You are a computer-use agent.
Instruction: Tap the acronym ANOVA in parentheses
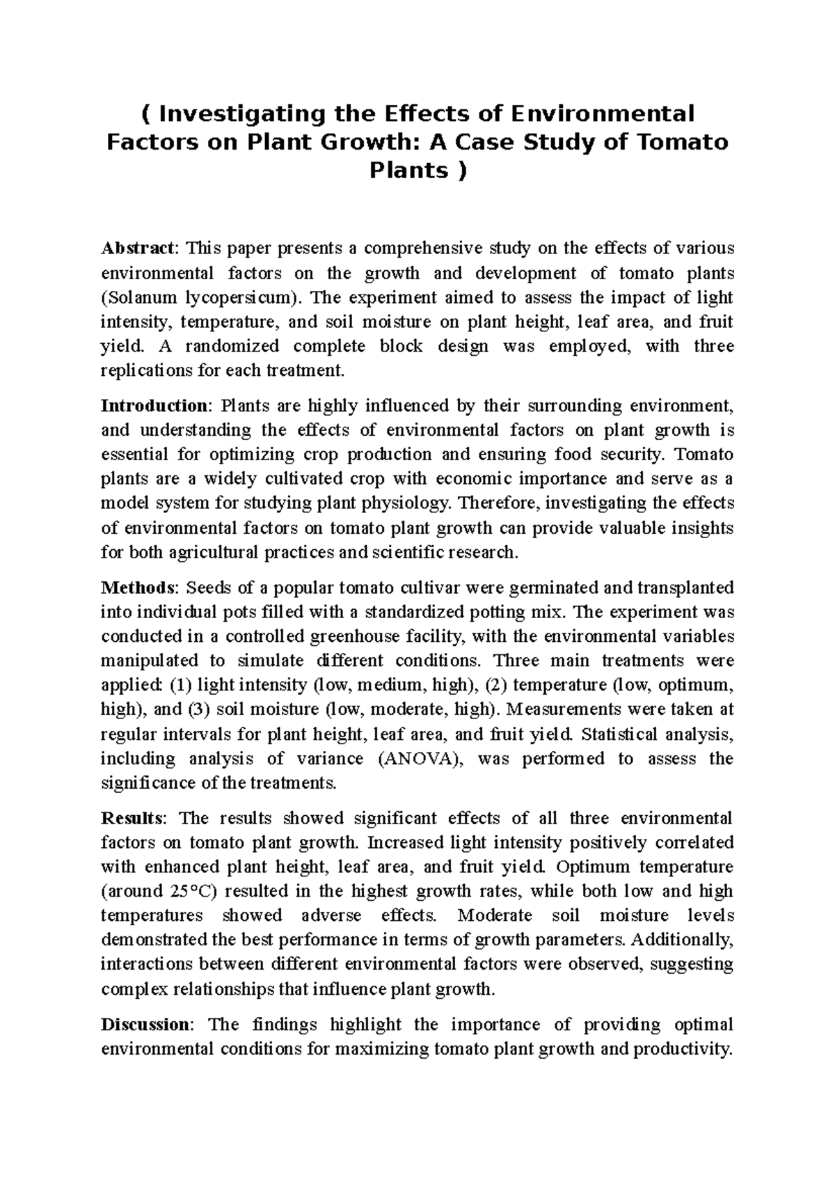(x=420, y=758)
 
